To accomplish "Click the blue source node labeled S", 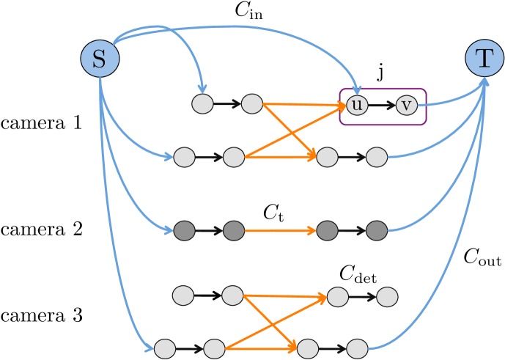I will point(100,58).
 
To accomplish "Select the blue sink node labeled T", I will point(484,58).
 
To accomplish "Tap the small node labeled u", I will point(357,105).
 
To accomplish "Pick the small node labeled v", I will point(407,105).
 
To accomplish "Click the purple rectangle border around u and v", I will point(383,89).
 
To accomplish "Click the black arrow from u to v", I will point(381,105).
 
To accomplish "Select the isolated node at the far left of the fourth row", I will point(183,295).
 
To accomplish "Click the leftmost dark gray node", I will point(184,231).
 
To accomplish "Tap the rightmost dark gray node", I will point(376,231).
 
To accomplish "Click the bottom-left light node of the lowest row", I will point(165,348).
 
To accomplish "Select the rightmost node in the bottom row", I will point(357,348).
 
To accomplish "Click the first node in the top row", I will point(202,104).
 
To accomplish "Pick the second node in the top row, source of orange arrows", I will point(251,104).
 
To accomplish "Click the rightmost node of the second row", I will point(376,157).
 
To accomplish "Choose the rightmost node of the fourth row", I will point(387,297).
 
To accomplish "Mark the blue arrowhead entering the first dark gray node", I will point(169,232).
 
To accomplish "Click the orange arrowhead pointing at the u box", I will point(341,106).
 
